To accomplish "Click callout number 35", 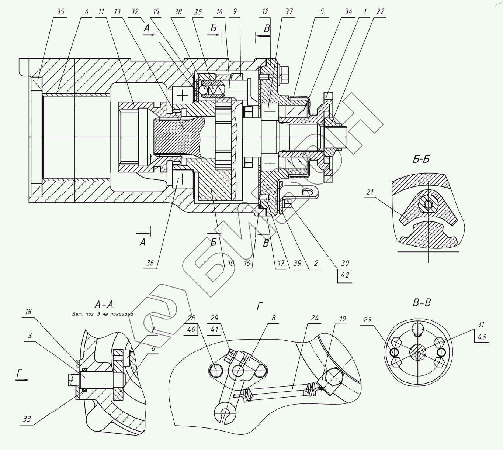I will [60, 12].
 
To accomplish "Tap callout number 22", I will [380, 12].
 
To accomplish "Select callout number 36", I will [150, 263].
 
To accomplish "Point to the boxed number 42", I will [345, 275].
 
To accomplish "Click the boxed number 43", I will [482, 337].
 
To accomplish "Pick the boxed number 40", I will [191, 329].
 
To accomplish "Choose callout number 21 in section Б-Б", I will [370, 192].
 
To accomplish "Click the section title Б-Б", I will [421, 160].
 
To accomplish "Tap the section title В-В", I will [422, 303].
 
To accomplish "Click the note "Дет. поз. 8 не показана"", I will [102, 315].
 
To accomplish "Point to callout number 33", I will [27, 419].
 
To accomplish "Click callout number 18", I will [28, 312].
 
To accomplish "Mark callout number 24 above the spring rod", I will [315, 318].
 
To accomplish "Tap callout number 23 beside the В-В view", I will [367, 320].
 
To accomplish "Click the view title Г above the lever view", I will [260, 306].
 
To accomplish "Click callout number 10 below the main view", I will [231, 263].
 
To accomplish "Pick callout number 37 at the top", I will [288, 12].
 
